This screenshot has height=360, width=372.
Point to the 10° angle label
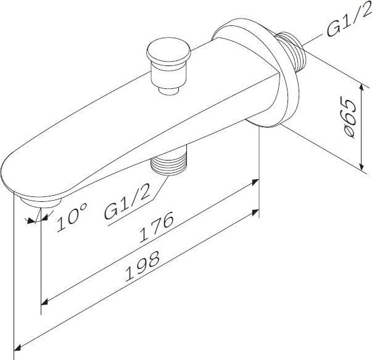[x=72, y=217]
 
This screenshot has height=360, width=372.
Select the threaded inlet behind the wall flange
[x=291, y=51]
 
